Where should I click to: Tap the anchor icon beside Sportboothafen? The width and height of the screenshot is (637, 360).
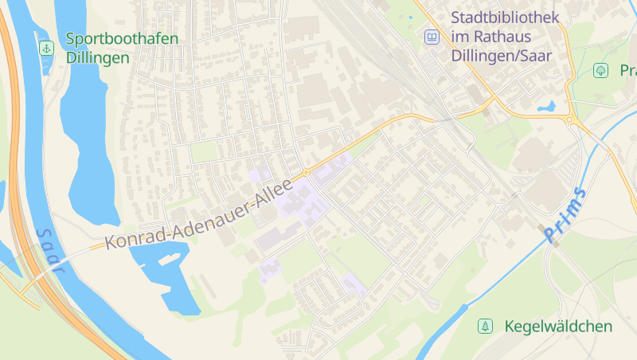[46, 49]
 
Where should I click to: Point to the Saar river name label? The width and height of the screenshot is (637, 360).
[49, 251]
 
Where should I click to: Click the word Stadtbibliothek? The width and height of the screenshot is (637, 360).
[505, 17]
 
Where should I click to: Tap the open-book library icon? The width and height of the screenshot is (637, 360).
[431, 37]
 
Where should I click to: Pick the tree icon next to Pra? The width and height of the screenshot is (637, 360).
[600, 71]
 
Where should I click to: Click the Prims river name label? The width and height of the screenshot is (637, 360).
[565, 215]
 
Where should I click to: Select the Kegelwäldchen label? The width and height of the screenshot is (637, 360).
[558, 327]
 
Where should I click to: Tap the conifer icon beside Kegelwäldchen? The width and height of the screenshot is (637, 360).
[484, 326]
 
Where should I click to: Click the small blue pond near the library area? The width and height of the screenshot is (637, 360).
[546, 106]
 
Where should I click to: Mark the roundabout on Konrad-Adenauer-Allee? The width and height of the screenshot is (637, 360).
[305, 172]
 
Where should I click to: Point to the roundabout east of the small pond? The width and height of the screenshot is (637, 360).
[570, 119]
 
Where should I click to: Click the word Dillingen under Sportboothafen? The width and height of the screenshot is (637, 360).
[98, 57]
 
